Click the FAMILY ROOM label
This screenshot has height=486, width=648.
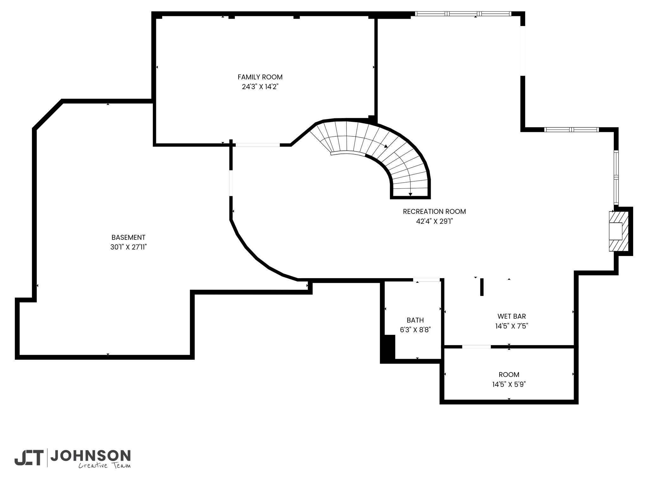tap(260, 77)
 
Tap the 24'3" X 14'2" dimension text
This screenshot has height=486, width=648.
tap(260, 87)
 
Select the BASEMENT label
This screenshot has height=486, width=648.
tap(128, 237)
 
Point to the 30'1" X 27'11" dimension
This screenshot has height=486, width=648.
tap(128, 247)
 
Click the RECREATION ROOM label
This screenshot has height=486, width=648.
tap(434, 211)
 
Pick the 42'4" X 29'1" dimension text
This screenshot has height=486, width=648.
tap(434, 221)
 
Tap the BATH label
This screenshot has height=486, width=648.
tap(415, 320)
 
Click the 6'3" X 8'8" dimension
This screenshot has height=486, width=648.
tap(415, 330)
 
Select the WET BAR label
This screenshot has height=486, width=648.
tap(512, 316)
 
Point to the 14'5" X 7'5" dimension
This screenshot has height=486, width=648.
tap(512, 326)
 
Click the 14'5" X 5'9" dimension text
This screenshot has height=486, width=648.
tap(509, 384)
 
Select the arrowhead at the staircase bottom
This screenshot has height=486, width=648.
tap(410, 194)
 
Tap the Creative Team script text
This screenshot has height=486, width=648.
tap(104, 465)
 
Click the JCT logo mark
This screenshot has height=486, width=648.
tap(28, 458)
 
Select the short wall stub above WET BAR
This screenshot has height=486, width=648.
tap(482, 287)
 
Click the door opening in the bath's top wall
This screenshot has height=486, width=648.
tap(427, 280)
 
